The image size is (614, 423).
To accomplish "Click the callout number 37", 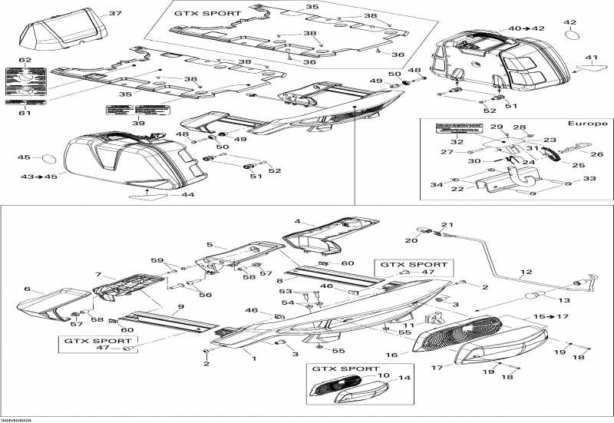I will point(115,14).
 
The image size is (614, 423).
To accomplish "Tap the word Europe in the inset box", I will point(588,123).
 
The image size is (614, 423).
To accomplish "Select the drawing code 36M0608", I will point(17,418).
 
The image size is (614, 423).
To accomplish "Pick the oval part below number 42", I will point(572,36).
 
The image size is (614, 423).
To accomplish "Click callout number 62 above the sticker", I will point(25,60).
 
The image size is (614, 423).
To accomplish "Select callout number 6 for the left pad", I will point(28,289).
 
